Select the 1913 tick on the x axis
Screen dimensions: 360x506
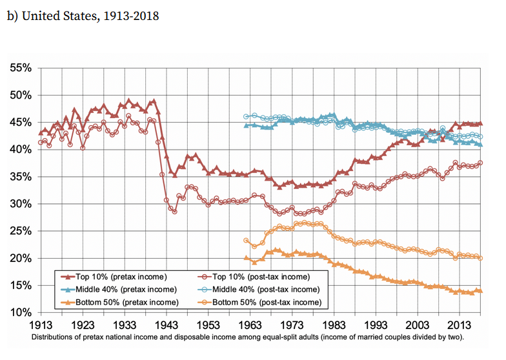click(41, 324)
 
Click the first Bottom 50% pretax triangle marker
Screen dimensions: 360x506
click(246, 258)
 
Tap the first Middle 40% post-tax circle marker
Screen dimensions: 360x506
click(246, 117)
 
